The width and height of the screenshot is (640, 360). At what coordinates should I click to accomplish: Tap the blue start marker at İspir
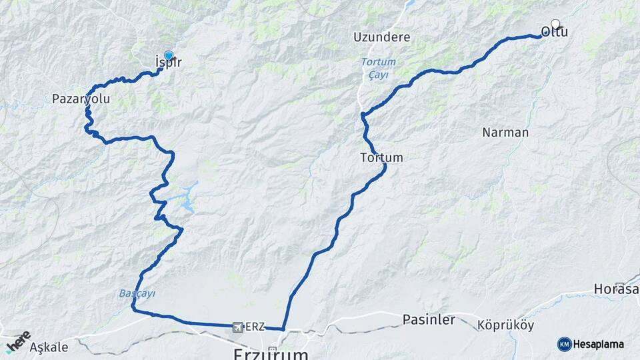click(169, 56)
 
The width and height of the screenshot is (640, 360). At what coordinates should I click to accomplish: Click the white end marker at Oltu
click(555, 24)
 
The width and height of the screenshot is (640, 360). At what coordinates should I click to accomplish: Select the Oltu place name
click(555, 32)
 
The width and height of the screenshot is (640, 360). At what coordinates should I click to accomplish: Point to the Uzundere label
click(382, 37)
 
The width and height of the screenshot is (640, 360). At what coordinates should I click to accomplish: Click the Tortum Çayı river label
click(383, 67)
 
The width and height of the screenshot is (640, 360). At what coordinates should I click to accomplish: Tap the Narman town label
click(505, 132)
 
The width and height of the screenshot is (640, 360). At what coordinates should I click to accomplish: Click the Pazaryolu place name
click(81, 99)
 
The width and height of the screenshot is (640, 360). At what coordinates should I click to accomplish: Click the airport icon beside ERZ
click(238, 327)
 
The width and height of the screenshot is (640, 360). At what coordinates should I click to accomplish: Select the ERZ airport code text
click(255, 327)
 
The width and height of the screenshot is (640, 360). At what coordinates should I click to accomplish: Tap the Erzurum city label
click(271, 353)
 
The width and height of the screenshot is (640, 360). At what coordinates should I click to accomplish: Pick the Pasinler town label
click(429, 320)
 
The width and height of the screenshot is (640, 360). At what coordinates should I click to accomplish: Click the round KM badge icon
click(564, 344)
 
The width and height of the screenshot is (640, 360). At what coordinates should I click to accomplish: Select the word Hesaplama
click(599, 344)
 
